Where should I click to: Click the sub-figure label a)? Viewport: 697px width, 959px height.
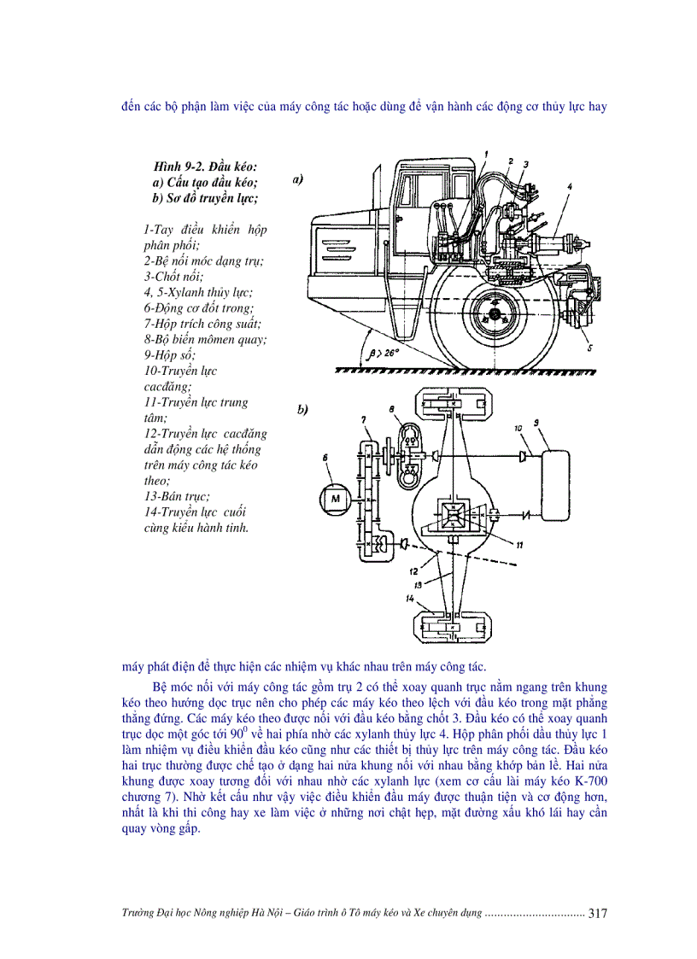[299, 180]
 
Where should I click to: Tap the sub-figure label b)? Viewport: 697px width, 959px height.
[302, 410]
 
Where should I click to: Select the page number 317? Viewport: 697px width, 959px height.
[597, 913]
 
